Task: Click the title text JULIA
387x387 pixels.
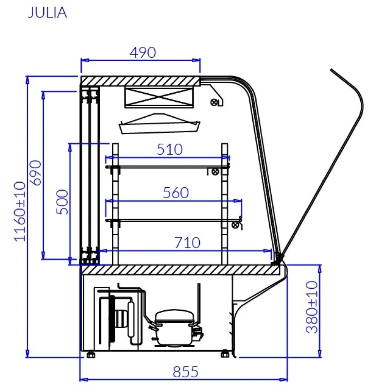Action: click(x=47, y=12)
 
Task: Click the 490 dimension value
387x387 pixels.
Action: click(x=142, y=53)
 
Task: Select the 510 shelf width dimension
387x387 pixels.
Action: click(x=170, y=149)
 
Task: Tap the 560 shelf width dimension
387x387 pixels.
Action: click(x=175, y=193)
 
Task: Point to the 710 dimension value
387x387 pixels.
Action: click(x=187, y=243)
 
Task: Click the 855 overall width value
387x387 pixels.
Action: click(x=185, y=372)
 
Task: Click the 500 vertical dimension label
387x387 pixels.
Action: click(x=62, y=202)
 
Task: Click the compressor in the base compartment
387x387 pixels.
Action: click(x=174, y=325)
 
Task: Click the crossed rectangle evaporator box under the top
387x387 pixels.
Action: click(x=158, y=97)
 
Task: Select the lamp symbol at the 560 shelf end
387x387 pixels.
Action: click(x=235, y=225)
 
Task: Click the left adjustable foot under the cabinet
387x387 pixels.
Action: click(x=91, y=354)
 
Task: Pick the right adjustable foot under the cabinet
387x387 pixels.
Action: click(x=225, y=354)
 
